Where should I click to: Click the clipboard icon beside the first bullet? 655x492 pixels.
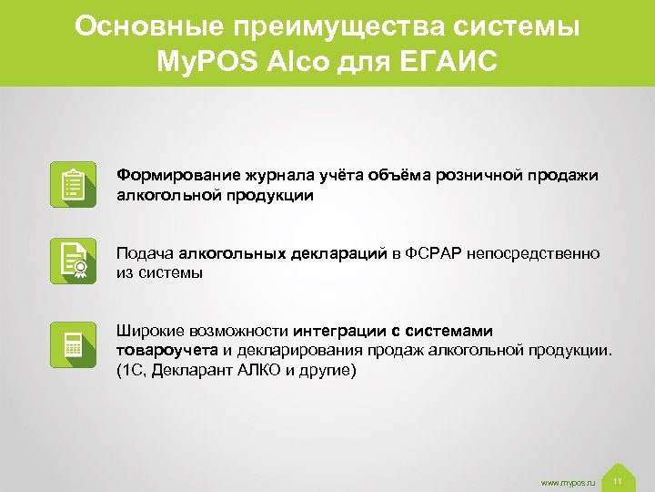tap(72, 185)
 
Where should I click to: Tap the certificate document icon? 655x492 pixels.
tap(72, 262)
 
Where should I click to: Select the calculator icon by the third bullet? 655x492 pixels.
tap(72, 345)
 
